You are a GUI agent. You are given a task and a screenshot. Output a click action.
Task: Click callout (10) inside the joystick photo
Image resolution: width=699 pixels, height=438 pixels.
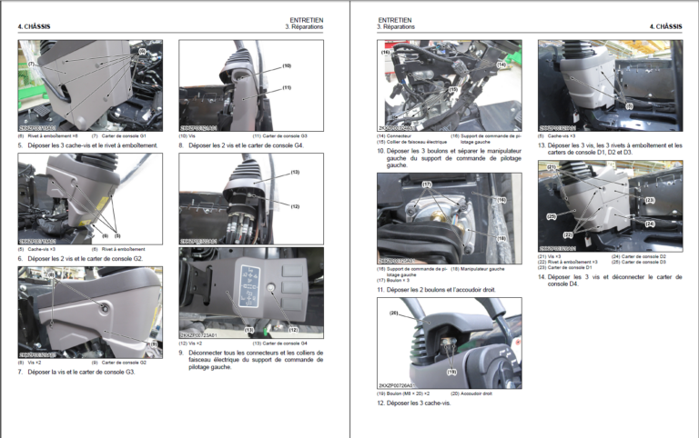pyautogui.click(x=286, y=65)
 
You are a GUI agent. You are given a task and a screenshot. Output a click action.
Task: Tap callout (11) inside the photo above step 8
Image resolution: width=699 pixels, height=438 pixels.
pyautogui.click(x=286, y=87)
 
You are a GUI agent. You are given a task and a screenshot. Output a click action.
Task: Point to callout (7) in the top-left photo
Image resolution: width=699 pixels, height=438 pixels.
pyautogui.click(x=30, y=64)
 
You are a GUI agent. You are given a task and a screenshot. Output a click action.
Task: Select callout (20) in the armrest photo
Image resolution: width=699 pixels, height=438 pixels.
pyautogui.click(x=395, y=314)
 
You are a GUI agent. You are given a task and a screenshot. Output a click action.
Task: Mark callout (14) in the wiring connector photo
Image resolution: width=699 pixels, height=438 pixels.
pyautogui.click(x=501, y=65)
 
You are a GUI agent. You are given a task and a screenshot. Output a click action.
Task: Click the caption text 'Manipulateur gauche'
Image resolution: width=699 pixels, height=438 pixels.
pyautogui.click(x=483, y=268)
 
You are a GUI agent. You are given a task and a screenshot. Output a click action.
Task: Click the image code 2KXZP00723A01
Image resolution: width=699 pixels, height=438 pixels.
pyautogui.click(x=202, y=334)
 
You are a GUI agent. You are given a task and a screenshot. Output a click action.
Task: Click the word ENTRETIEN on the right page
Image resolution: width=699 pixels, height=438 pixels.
pyautogui.click(x=394, y=19)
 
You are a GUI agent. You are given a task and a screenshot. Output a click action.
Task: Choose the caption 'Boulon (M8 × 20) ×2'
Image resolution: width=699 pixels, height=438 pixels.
pyautogui.click(x=410, y=393)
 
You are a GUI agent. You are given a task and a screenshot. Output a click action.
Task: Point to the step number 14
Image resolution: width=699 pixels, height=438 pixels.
pyautogui.click(x=541, y=276)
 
